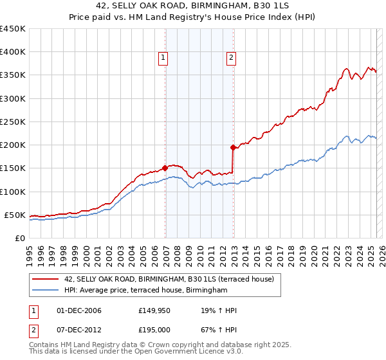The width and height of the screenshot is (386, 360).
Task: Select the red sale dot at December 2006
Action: [x=165, y=168]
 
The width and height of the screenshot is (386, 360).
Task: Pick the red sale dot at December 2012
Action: [x=234, y=147]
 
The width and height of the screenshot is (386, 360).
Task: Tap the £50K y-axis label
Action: [x=15, y=215]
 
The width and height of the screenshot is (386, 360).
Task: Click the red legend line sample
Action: [x=46, y=279]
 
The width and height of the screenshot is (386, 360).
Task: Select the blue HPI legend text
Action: [x=146, y=291]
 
